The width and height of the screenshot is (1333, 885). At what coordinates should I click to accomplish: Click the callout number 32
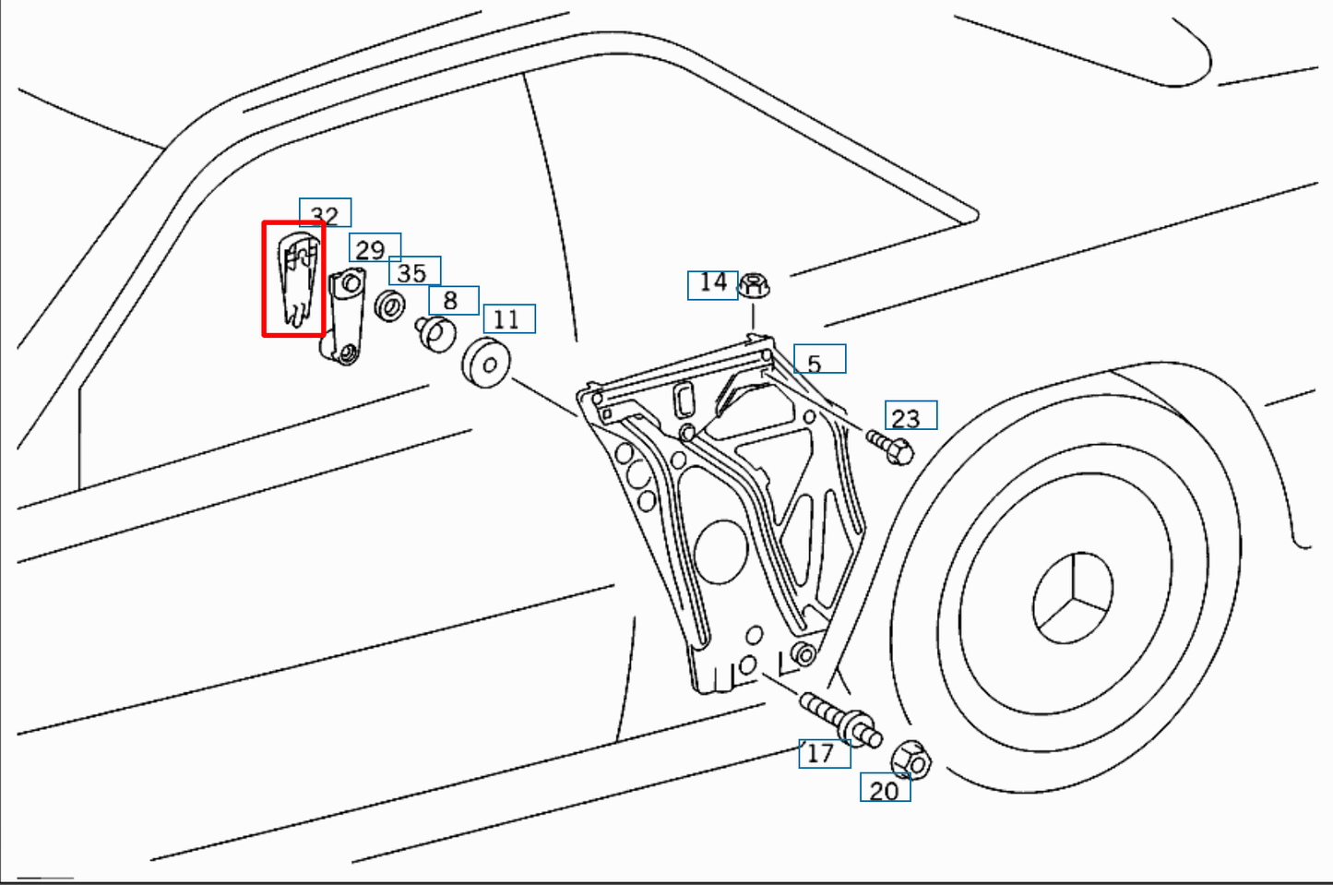click(x=325, y=212)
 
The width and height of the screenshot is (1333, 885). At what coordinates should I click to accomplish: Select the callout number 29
click(x=374, y=248)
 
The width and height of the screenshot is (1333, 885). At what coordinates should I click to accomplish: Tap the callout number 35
click(x=413, y=271)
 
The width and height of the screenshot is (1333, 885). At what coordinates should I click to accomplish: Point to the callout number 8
click(x=452, y=300)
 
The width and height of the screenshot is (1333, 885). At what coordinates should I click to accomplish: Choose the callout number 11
click(x=508, y=318)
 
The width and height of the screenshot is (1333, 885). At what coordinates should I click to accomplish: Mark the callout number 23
click(x=910, y=416)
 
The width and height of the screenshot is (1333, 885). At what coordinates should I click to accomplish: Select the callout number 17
click(x=824, y=753)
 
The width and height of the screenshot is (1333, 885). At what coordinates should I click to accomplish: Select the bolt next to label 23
click(x=891, y=448)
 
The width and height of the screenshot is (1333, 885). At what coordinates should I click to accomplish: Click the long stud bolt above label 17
click(x=839, y=721)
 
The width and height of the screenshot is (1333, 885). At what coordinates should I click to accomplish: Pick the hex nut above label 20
click(x=911, y=760)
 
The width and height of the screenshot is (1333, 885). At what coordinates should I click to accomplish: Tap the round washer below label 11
click(x=487, y=363)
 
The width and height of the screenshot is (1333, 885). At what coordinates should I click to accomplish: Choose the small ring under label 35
click(x=389, y=305)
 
